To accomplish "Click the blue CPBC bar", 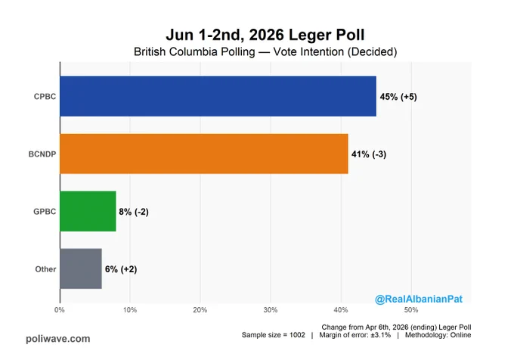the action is click(218, 96).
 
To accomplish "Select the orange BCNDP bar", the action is click(204, 154).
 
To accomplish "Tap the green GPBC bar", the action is click(88, 211).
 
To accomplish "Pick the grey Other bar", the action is click(81, 268).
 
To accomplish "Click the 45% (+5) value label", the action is click(398, 97).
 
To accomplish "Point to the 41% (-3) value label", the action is click(369, 154).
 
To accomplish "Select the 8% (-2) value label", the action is click(134, 212).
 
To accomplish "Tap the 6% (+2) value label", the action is click(121, 269).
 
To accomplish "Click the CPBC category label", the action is click(45, 97).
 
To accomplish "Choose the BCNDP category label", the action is click(42, 154).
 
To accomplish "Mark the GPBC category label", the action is click(45, 212).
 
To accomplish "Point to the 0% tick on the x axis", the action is click(59, 310).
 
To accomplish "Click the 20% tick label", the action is click(200, 310).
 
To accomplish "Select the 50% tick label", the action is click(411, 310).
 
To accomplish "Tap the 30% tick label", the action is click(271, 310).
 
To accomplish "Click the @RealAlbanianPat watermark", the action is click(419, 299).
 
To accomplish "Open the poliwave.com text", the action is click(58, 339).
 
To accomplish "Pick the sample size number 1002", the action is click(297, 335).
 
